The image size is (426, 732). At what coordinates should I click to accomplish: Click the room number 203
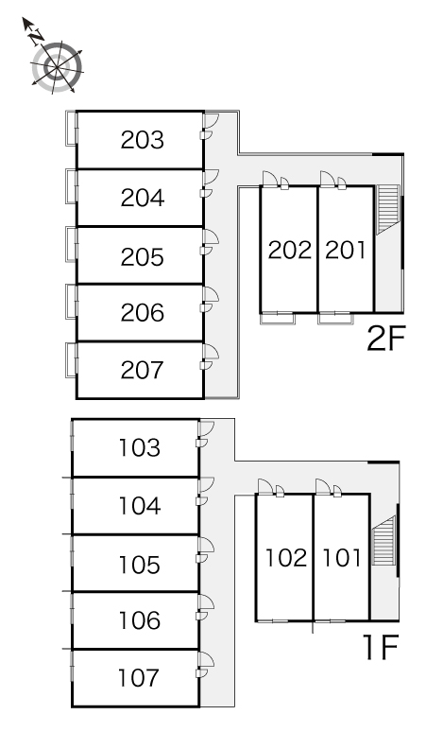coord(142,140)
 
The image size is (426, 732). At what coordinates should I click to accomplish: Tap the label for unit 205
coord(142,256)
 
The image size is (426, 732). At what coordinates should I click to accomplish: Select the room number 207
coord(142,370)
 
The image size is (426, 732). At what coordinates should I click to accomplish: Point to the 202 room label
coord(289,251)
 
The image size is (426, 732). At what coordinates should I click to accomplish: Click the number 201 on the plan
coord(346,251)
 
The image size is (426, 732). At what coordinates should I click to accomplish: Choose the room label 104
coord(140,506)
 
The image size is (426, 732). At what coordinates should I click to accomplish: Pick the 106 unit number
coord(140,620)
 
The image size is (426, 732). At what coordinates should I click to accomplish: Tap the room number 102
coord(286,557)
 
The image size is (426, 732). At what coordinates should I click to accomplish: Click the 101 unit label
coord(342,557)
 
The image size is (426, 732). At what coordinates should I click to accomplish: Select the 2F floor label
coord(386,339)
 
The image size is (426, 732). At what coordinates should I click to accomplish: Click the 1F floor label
coord(381,647)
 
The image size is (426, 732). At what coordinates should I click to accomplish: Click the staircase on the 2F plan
coord(388,209)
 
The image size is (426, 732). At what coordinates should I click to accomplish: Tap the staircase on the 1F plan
coord(384,540)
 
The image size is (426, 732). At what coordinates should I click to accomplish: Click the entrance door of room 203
coord(211,121)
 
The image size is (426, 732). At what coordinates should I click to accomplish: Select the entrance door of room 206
coord(211,294)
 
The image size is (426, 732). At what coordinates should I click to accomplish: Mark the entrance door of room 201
coord(327,180)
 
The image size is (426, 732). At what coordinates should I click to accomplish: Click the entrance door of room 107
coord(206,659)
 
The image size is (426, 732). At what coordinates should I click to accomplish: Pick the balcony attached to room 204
coord(71,185)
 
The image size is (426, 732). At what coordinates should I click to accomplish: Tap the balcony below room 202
coord(278,318)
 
